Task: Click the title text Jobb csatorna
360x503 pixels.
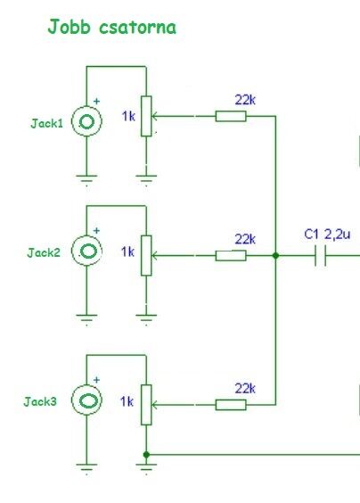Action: [x=112, y=27]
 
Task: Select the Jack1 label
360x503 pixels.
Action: [x=47, y=123]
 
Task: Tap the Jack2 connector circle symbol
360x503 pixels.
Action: [x=86, y=251]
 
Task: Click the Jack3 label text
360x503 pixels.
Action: [x=40, y=401]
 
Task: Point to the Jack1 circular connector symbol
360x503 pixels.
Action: [x=86, y=121]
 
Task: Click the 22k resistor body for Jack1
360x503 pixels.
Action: [x=231, y=116]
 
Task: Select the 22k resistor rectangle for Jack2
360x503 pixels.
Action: [x=231, y=256]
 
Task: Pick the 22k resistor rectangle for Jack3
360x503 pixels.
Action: [x=231, y=405]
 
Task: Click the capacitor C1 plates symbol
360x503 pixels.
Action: [x=320, y=256]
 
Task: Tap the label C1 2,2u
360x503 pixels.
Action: [x=327, y=235]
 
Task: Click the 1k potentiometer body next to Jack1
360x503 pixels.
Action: [x=146, y=116]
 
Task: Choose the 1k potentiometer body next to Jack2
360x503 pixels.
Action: [x=146, y=256]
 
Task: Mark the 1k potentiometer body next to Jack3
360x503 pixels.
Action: [x=146, y=405]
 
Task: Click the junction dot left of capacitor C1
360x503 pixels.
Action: [x=275, y=256]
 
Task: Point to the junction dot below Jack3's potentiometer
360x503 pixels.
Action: [x=146, y=455]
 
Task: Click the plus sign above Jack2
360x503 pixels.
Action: [x=96, y=231]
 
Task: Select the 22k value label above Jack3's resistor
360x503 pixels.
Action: [x=245, y=389]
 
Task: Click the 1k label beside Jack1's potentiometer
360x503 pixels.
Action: [x=128, y=116]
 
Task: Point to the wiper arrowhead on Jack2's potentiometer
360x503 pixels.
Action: [x=154, y=256]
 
